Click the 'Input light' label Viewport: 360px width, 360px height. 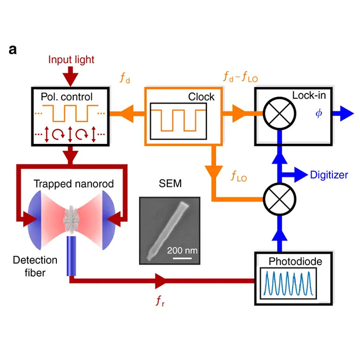point(71,60)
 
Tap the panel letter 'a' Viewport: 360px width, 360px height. point(13,49)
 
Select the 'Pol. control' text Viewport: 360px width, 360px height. point(67,97)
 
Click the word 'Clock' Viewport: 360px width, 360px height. point(201,97)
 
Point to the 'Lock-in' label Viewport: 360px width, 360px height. point(309,95)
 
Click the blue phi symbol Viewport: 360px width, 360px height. point(319,113)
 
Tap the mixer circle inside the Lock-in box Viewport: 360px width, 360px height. point(279,113)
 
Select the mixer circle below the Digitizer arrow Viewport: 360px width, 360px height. point(279,199)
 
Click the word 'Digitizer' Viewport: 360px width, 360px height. point(329,175)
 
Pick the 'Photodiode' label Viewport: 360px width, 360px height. point(295,261)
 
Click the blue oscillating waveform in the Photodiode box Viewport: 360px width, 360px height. point(288,283)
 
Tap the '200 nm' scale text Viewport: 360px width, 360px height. point(182,250)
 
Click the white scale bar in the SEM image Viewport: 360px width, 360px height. point(182,258)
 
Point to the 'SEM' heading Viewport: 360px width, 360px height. point(170,183)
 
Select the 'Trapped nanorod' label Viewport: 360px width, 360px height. point(74,184)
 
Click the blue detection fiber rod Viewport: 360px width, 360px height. point(71,256)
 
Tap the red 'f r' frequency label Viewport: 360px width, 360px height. point(160,301)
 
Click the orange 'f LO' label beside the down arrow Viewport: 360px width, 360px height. point(239,176)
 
